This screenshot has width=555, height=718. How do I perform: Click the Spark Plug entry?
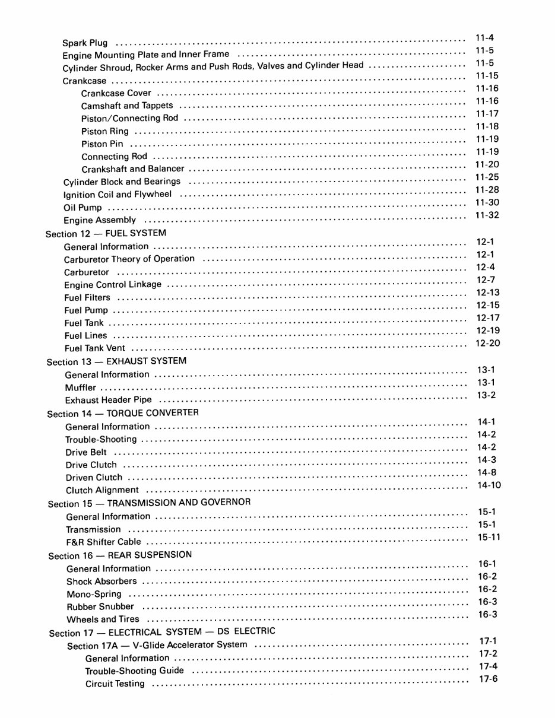click(x=85, y=43)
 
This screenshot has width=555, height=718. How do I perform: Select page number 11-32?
click(x=487, y=215)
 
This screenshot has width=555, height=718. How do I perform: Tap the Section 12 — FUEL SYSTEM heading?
click(x=106, y=233)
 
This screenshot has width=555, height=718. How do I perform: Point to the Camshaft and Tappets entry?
click(x=127, y=106)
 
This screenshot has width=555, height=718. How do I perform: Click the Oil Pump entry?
click(x=83, y=208)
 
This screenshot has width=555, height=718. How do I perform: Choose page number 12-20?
click(x=488, y=343)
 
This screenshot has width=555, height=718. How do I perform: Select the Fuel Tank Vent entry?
click(x=95, y=348)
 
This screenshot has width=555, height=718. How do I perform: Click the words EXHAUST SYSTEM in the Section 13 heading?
click(x=146, y=361)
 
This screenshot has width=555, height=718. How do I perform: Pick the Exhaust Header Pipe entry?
click(x=109, y=400)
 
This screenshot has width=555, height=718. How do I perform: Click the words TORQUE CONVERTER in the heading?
click(x=153, y=412)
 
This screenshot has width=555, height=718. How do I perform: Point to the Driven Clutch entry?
click(x=94, y=477)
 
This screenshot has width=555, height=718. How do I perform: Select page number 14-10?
click(x=489, y=485)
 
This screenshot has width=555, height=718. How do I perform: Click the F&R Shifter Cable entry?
click(x=103, y=542)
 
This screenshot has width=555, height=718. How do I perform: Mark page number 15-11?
click(x=489, y=536)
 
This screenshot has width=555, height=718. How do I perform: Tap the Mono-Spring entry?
click(x=94, y=594)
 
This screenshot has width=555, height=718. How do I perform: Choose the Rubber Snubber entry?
click(x=100, y=606)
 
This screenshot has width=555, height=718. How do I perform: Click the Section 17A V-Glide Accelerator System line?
click(x=157, y=645)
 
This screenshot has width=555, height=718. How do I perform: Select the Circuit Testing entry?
click(x=115, y=684)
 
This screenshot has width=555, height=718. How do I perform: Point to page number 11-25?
click(x=487, y=177)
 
